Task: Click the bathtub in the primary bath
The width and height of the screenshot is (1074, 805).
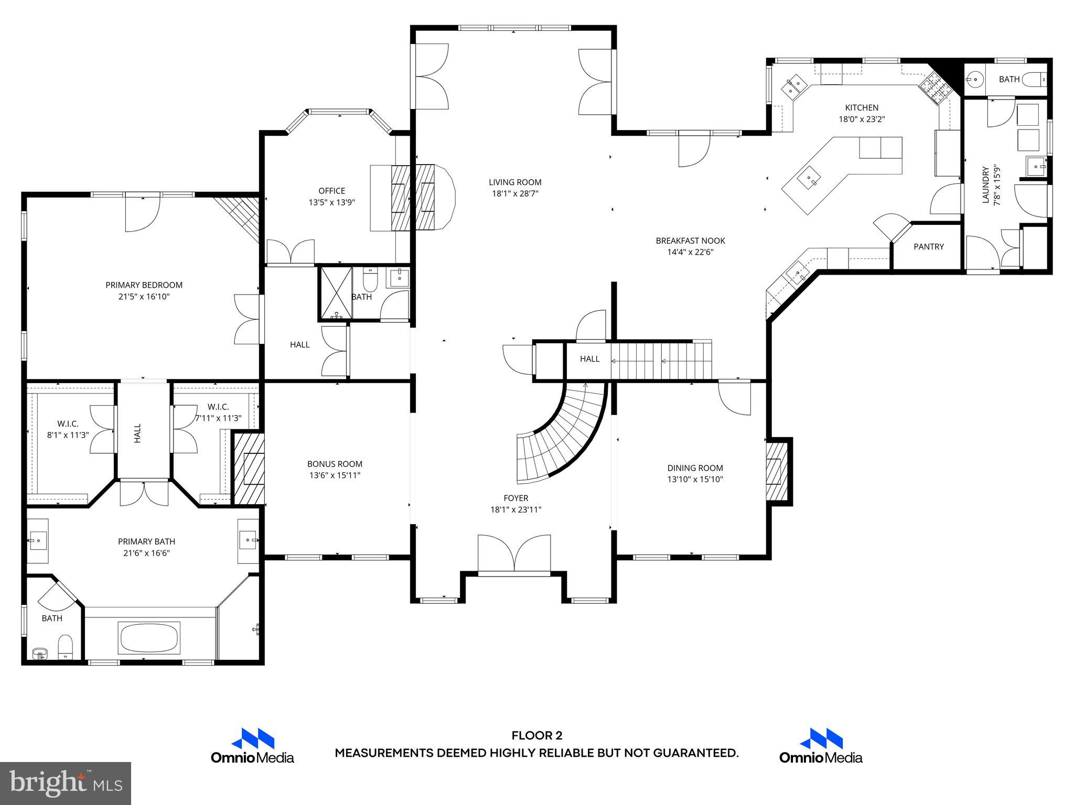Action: tap(150, 637)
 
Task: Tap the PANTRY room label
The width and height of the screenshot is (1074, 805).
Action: tap(928, 246)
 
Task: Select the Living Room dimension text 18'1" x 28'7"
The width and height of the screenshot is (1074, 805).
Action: tap(515, 194)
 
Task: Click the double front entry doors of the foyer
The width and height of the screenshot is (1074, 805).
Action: tap(514, 554)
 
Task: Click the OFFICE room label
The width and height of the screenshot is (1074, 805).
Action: tap(331, 191)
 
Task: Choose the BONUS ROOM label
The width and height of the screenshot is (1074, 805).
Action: tap(335, 464)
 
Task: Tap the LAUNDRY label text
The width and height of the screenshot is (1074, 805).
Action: tap(985, 184)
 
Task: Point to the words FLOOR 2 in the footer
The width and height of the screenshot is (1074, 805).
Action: tap(536, 736)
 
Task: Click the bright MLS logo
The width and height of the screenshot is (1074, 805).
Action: tap(65, 783)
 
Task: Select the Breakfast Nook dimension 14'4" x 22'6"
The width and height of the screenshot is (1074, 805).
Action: tap(690, 252)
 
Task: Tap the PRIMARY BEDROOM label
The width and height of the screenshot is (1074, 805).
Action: tap(144, 285)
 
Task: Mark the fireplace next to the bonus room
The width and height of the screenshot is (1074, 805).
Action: tap(249, 467)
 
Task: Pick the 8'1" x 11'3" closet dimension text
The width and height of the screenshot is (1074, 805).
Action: tap(68, 435)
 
